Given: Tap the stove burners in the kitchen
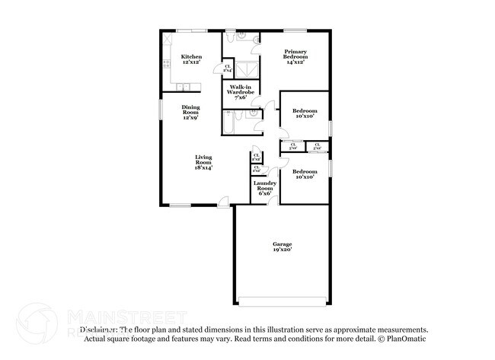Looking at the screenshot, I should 166,67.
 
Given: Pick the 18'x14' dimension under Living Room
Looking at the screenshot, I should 203,168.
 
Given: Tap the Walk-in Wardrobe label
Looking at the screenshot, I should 240,91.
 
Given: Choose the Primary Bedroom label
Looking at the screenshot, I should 295,54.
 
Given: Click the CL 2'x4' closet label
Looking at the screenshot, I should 228,68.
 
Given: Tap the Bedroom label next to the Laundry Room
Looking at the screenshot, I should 305,171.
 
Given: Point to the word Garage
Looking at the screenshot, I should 283,244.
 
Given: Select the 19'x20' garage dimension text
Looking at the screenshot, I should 283,250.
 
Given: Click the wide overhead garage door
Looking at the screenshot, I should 283,297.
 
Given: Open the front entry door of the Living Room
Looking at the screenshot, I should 223,202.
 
